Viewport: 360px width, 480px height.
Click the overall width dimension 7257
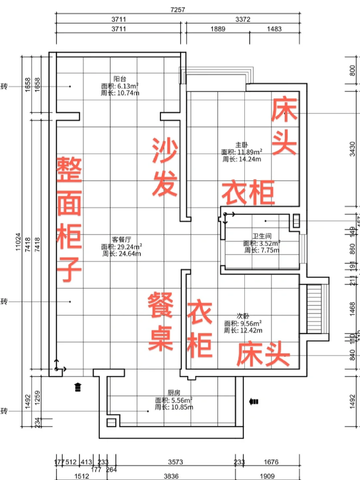pos(177,10)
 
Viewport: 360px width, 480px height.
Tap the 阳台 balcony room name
pos(120,79)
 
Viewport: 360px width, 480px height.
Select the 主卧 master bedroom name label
pos(242,145)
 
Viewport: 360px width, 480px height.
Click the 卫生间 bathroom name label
pos(262,236)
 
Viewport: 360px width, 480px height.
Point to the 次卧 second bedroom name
pos(243,316)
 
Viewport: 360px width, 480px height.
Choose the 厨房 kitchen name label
pos(174,393)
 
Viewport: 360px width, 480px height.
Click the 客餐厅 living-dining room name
pos(121,240)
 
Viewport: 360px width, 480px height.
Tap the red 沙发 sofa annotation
pos(165,167)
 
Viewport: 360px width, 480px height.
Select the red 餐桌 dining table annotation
pos(161,321)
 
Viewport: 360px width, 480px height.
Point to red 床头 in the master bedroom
pos(284,126)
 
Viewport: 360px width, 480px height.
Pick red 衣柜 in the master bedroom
pos(248,192)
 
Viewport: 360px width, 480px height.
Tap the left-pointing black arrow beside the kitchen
pos(254,402)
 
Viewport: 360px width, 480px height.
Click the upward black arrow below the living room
pos(78,387)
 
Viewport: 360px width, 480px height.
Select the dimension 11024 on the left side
pos(18,242)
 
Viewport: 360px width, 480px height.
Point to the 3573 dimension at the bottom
pos(175,462)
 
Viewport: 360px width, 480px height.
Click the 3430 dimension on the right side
pos(352,149)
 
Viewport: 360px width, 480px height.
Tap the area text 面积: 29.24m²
pos(122,247)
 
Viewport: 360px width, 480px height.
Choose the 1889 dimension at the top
pos(218,29)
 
